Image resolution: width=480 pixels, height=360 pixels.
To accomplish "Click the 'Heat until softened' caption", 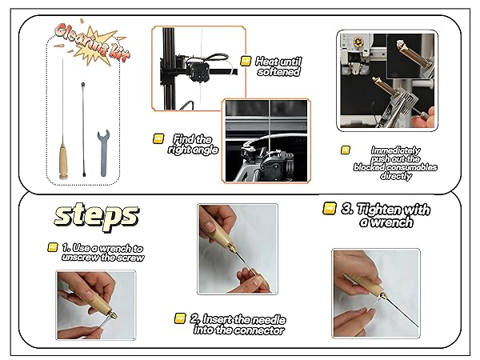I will click(x=278, y=66).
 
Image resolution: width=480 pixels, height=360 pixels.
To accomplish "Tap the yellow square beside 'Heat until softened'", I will click(x=247, y=61).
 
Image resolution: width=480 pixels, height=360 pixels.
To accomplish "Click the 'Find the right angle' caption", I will click(x=192, y=144).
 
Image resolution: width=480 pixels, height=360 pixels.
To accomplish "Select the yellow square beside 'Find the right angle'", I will click(x=158, y=138).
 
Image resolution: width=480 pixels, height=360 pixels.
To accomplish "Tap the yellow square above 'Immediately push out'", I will click(x=346, y=150).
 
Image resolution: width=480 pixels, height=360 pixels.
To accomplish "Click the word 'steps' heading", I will click(x=96, y=216).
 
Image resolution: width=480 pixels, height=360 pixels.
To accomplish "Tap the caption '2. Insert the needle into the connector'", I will click(x=238, y=324).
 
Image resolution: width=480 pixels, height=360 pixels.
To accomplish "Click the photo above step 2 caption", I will click(x=237, y=248).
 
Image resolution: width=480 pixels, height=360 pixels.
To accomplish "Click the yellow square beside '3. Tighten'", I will click(x=329, y=208).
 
